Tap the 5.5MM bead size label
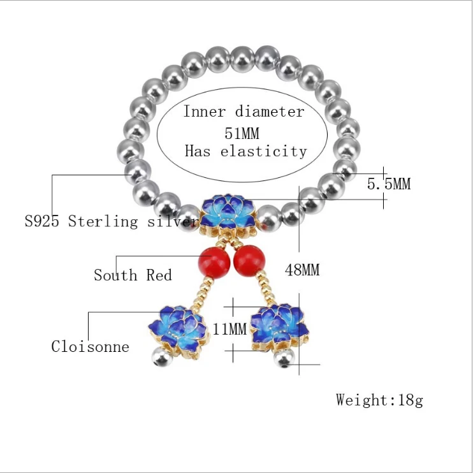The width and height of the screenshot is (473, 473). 389,184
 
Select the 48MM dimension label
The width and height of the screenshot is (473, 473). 302,270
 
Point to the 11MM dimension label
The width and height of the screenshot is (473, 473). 229,330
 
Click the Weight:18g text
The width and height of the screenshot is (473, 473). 379,400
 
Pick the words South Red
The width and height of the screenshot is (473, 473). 133,275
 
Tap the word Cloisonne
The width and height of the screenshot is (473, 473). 91,347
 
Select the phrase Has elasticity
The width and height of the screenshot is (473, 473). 245,152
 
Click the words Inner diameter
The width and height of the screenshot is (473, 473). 244,112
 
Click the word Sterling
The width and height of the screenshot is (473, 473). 103,222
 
